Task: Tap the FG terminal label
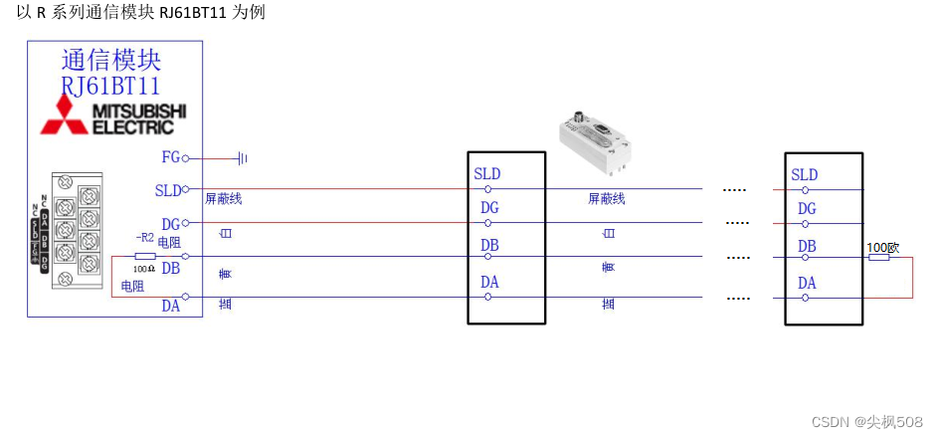click(171, 157)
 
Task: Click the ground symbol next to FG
click(242, 157)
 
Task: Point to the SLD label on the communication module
click(169, 190)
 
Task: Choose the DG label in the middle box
click(489, 208)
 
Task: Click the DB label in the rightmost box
click(807, 246)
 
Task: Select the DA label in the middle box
click(489, 283)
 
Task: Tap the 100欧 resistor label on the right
click(883, 247)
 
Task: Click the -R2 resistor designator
click(145, 238)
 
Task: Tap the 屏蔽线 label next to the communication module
click(223, 199)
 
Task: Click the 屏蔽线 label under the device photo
click(606, 199)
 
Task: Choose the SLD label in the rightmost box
click(805, 175)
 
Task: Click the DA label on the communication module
click(171, 306)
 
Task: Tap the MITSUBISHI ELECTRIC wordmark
click(139, 118)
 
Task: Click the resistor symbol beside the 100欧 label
click(878, 257)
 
